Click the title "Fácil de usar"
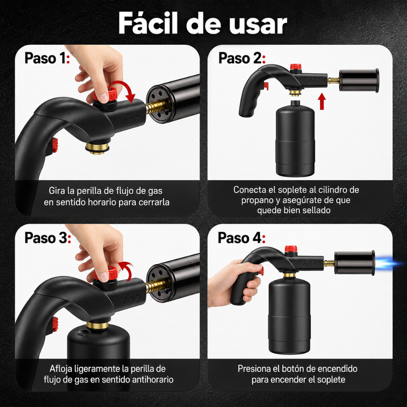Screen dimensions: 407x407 coord(203,23)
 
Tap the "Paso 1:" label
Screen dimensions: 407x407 coord(47,58)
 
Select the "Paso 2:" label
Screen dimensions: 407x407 coord(242,58)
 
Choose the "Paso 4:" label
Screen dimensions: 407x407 coord(242,237)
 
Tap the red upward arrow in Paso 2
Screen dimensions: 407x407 coord(322,101)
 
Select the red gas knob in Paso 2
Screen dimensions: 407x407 coord(296,67)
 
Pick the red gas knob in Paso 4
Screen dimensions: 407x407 coord(291,249)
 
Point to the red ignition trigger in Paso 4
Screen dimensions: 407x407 coord(260,271)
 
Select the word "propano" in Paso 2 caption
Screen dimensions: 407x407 coord(260,200)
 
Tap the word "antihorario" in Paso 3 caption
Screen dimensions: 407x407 coord(153,379)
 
